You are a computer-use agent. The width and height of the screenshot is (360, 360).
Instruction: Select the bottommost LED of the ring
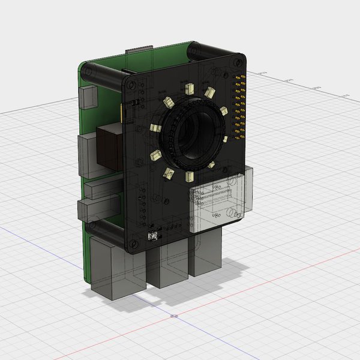(x=190, y=176)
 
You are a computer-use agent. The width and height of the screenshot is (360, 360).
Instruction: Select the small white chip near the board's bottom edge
(x=154, y=236)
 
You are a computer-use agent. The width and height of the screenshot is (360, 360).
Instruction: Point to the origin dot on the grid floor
(x=174, y=316)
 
